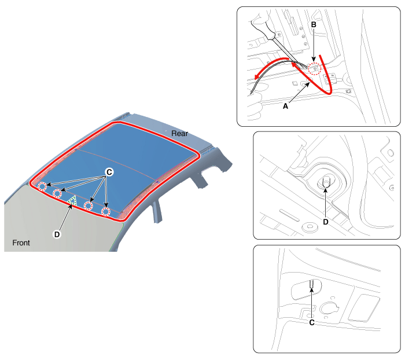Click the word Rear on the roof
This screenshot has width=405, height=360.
[179, 134]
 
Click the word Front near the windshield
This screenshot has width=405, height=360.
[21, 243]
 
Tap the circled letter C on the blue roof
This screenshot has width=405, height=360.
[109, 172]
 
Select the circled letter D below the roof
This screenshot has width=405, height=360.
[57, 234]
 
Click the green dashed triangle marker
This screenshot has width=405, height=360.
[72, 200]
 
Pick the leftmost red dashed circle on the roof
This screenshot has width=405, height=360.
[42, 186]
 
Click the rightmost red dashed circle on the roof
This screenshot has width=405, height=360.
[106, 212]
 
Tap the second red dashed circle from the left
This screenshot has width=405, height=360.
[57, 193]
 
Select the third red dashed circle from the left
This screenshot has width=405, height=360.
[89, 205]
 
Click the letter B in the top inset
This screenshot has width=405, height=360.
[314, 25]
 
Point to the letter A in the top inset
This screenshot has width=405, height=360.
[285, 106]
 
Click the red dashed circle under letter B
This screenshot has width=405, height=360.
[314, 69]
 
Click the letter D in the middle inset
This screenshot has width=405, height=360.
[326, 222]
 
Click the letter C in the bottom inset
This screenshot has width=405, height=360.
[312, 322]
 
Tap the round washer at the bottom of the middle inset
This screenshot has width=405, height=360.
[310, 227]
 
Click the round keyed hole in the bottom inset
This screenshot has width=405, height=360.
[329, 308]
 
